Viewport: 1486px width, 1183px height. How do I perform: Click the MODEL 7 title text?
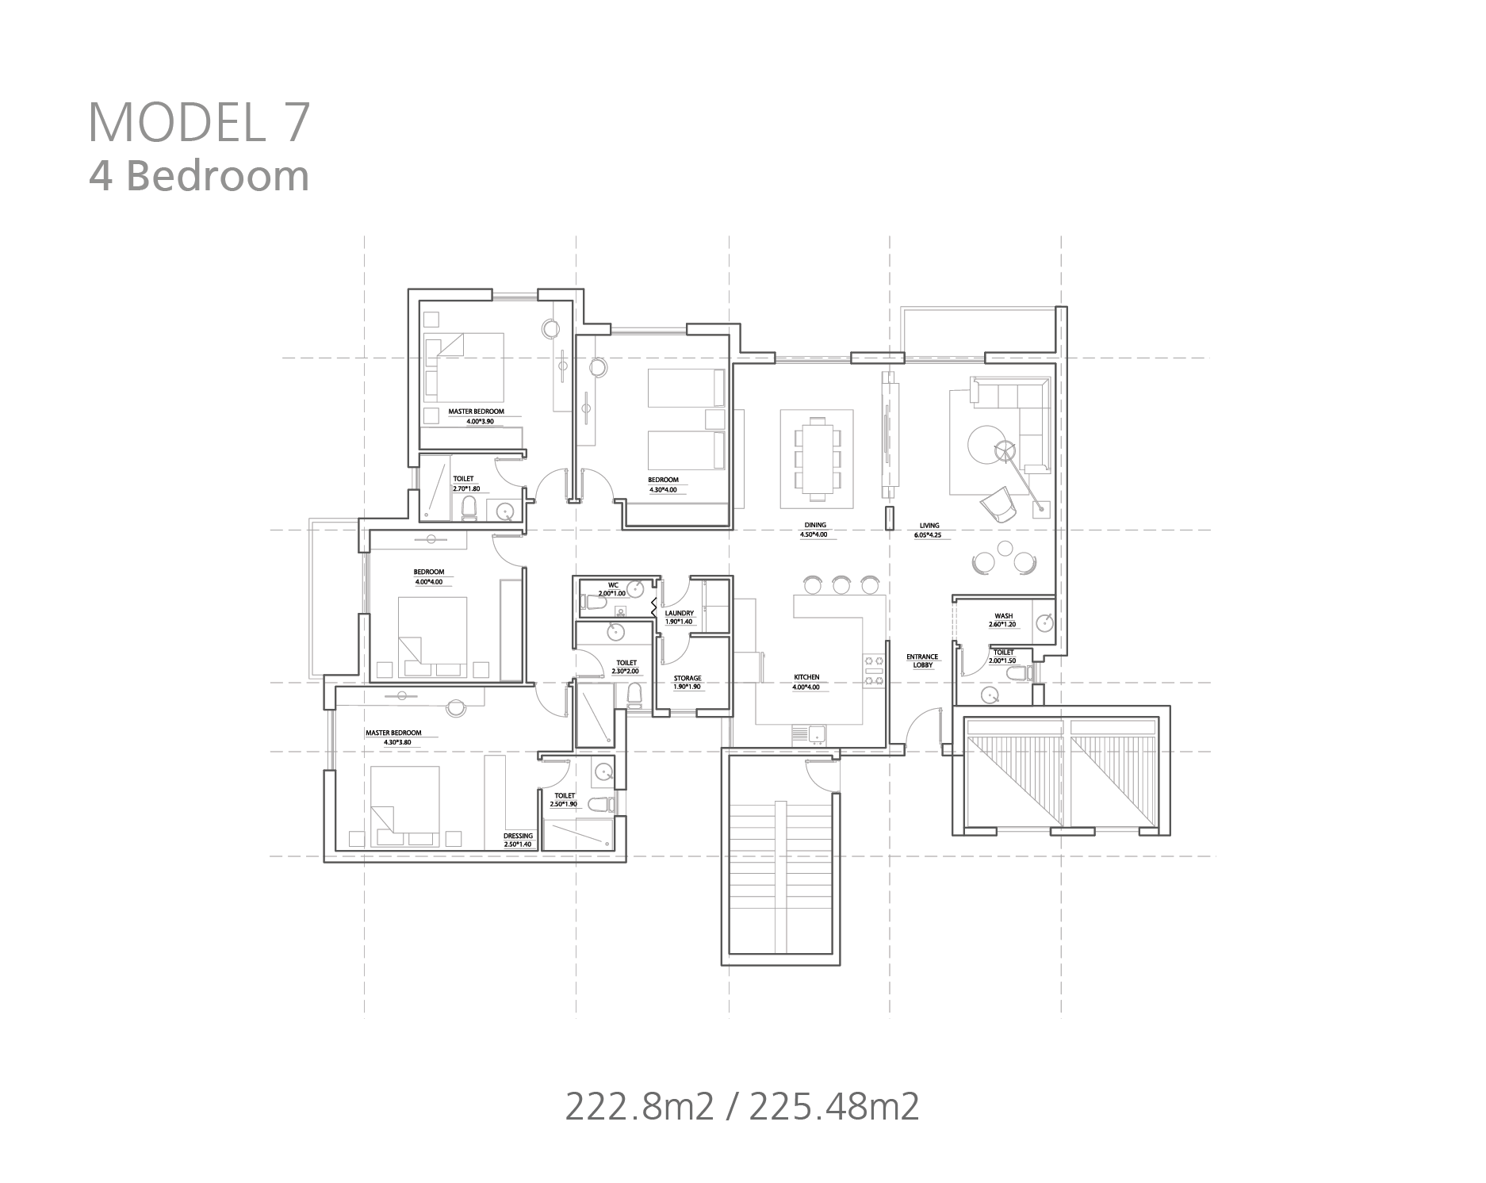click(x=198, y=122)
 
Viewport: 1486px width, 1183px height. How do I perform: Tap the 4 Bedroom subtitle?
click(x=198, y=176)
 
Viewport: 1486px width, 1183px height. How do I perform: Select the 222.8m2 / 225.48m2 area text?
click(x=742, y=1106)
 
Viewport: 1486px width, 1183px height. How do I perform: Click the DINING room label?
click(x=815, y=525)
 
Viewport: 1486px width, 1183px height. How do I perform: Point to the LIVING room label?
click(x=929, y=525)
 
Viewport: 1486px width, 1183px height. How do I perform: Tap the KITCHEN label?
click(x=806, y=677)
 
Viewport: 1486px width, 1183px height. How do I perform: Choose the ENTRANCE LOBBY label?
click(x=923, y=661)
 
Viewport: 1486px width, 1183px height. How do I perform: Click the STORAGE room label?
click(x=687, y=678)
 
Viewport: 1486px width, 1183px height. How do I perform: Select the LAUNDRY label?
click(x=680, y=613)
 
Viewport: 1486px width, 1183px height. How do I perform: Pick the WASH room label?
click(x=1003, y=616)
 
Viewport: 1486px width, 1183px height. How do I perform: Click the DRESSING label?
click(x=518, y=836)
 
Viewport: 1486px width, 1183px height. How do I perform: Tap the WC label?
click(x=613, y=585)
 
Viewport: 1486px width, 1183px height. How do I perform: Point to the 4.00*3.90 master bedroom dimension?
click(x=480, y=422)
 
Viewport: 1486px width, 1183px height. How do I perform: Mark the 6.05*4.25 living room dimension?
click(x=929, y=534)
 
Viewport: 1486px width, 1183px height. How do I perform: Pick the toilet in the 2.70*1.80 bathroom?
click(x=468, y=507)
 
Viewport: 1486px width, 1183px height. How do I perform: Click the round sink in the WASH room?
click(x=1045, y=623)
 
